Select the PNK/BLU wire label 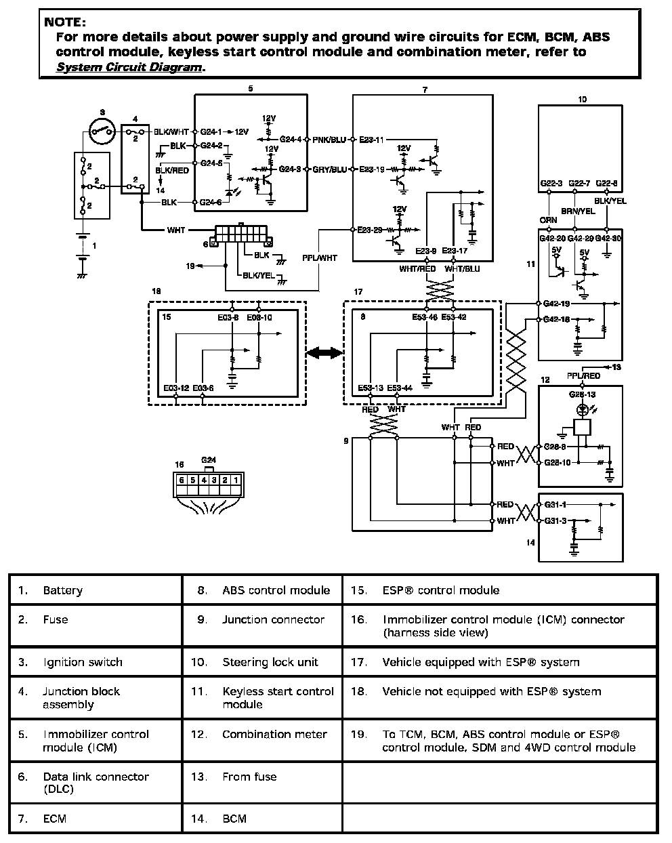pyautogui.click(x=329, y=140)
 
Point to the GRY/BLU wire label pyautogui.click(x=329, y=169)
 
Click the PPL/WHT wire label pyautogui.click(x=319, y=258)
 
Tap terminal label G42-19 pyautogui.click(x=555, y=303)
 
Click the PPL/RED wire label pyautogui.click(x=583, y=375)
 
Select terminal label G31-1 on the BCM pyautogui.click(x=555, y=504)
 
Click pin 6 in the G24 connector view pyautogui.click(x=182, y=480)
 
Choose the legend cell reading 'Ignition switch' pyautogui.click(x=83, y=662)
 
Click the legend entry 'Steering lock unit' pyautogui.click(x=270, y=662)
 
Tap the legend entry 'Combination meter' pyautogui.click(x=274, y=734)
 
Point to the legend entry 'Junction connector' pyautogui.click(x=273, y=619)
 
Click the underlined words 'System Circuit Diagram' pyautogui.click(x=129, y=67)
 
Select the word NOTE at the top pyautogui.click(x=65, y=22)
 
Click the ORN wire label pyautogui.click(x=548, y=220)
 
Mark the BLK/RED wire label pyautogui.click(x=172, y=171)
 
